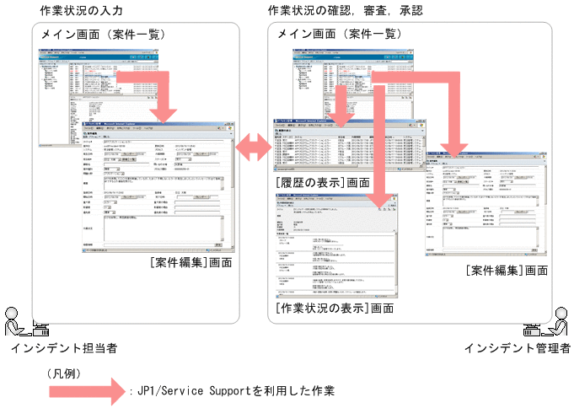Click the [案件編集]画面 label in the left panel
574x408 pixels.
tap(190, 263)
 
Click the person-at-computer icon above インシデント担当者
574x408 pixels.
tap(19, 324)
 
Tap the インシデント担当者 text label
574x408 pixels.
tap(64, 347)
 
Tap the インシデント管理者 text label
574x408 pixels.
tap(518, 347)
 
